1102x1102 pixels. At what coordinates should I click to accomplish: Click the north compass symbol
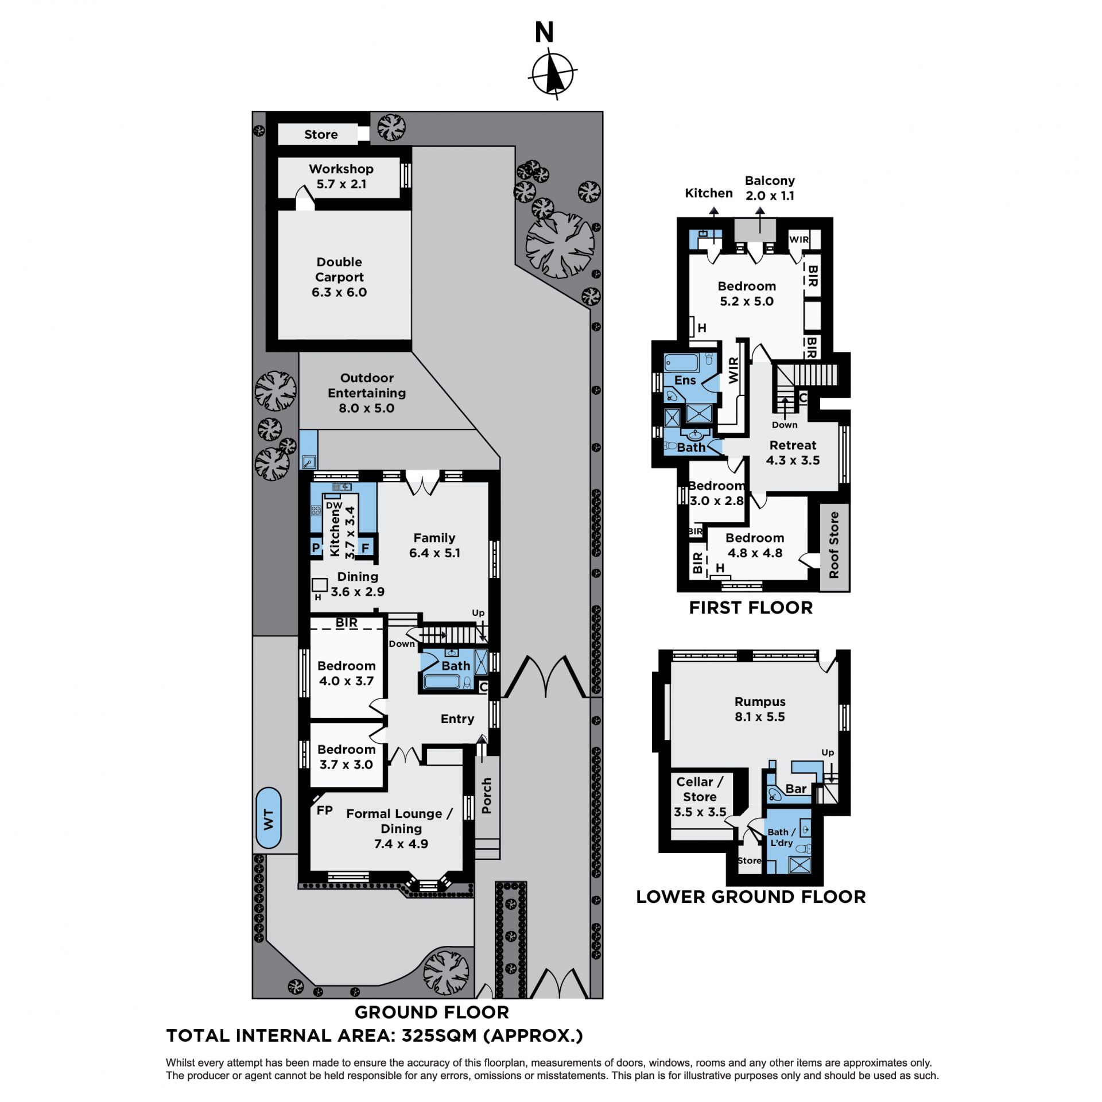tap(553, 74)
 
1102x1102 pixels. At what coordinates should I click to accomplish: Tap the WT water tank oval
tap(268, 818)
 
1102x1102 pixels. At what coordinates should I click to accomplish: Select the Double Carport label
tap(339, 277)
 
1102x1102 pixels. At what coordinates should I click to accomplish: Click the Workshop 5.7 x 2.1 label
tap(341, 176)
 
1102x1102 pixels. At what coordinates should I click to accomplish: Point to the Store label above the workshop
tap(321, 134)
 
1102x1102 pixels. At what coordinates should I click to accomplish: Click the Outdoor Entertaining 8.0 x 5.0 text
tap(367, 393)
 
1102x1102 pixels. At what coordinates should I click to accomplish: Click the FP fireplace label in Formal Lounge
tap(325, 810)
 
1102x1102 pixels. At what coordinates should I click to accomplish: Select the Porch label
tap(487, 796)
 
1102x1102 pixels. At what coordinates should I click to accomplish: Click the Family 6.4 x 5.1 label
tap(434, 545)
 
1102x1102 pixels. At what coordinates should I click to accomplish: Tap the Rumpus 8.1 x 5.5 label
tap(760, 709)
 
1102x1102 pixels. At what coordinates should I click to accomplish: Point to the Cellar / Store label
tap(700, 789)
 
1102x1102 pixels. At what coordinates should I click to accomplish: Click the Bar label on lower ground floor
tap(796, 789)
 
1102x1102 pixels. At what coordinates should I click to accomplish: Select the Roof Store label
tap(834, 545)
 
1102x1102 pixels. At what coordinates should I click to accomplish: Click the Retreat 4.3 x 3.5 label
tap(793, 453)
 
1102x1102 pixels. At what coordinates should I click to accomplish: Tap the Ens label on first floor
tap(685, 380)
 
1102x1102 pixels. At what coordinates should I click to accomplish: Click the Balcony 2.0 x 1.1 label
tap(770, 188)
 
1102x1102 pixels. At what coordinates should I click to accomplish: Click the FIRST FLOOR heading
tap(751, 608)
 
